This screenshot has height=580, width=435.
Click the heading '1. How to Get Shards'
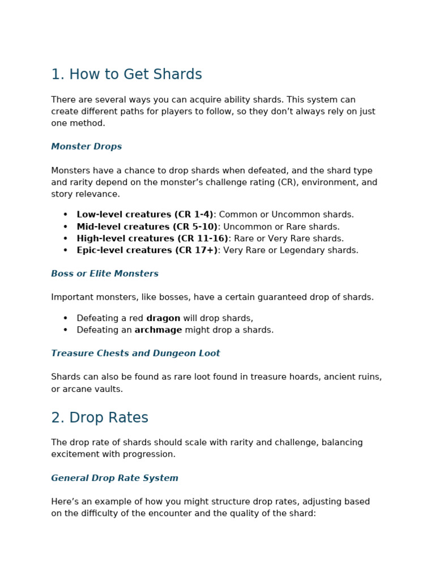click(x=126, y=75)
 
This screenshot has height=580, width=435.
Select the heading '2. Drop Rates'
click(x=100, y=418)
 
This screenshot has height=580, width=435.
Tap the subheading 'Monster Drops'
click(x=86, y=147)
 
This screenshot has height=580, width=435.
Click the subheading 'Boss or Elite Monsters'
click(x=105, y=274)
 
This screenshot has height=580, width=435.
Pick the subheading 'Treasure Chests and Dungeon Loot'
click(x=135, y=353)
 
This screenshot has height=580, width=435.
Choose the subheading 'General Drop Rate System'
click(x=114, y=478)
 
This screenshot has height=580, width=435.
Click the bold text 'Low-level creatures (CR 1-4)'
click(x=145, y=215)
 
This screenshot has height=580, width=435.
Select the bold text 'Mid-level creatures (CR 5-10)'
click(x=147, y=227)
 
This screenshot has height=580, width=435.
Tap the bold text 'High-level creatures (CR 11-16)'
click(x=152, y=238)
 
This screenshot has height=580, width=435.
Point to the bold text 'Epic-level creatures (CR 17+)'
click(x=147, y=250)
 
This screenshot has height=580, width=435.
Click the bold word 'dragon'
click(x=163, y=318)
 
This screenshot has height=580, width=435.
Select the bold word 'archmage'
click(x=158, y=330)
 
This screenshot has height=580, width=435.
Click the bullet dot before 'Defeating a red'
click(x=65, y=318)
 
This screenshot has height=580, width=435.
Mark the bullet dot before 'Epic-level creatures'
click(x=65, y=250)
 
